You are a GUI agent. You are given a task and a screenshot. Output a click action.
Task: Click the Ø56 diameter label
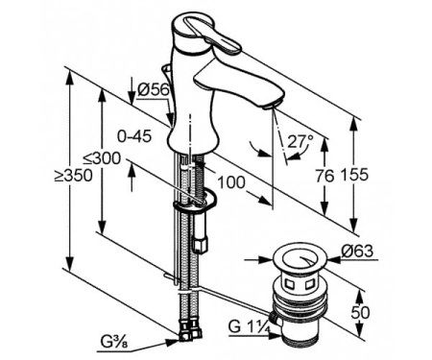point(154,89)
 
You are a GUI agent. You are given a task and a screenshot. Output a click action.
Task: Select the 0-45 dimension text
point(135,134)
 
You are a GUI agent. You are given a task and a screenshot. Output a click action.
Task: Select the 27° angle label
point(300,140)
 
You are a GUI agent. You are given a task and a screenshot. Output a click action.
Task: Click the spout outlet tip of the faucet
point(276,104)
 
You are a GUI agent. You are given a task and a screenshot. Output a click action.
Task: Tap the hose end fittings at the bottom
point(186,334)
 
